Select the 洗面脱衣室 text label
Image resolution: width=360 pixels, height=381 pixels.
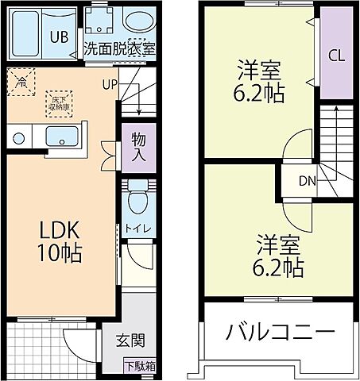(120, 48)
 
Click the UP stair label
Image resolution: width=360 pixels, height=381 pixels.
(110, 83)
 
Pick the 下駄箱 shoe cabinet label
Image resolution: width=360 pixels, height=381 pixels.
(140, 367)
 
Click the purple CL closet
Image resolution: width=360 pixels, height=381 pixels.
(336, 56)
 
